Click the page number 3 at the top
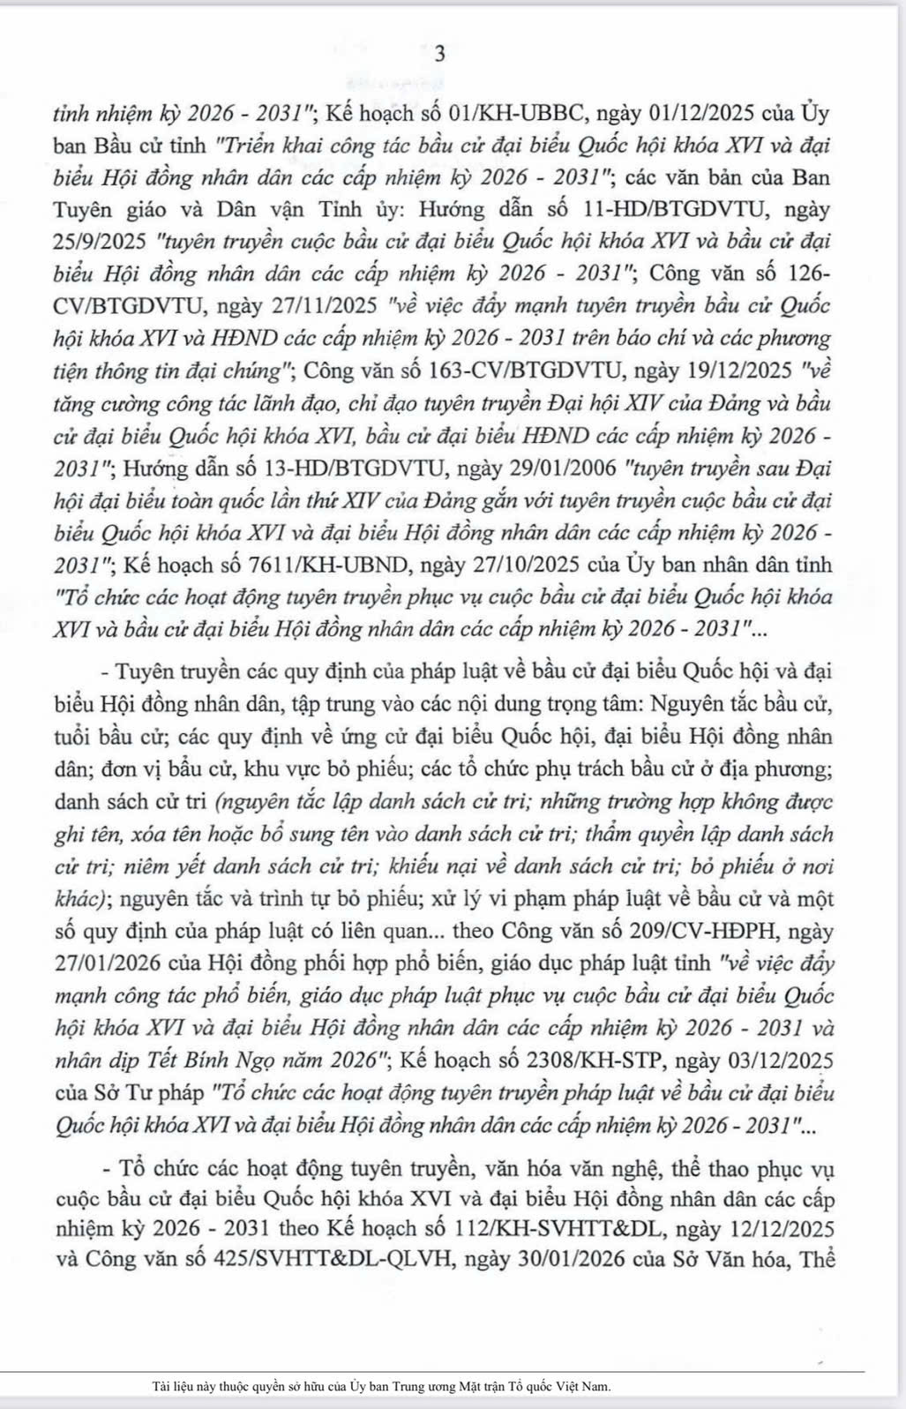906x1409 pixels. coord(440,54)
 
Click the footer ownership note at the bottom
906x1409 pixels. coord(381,1386)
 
